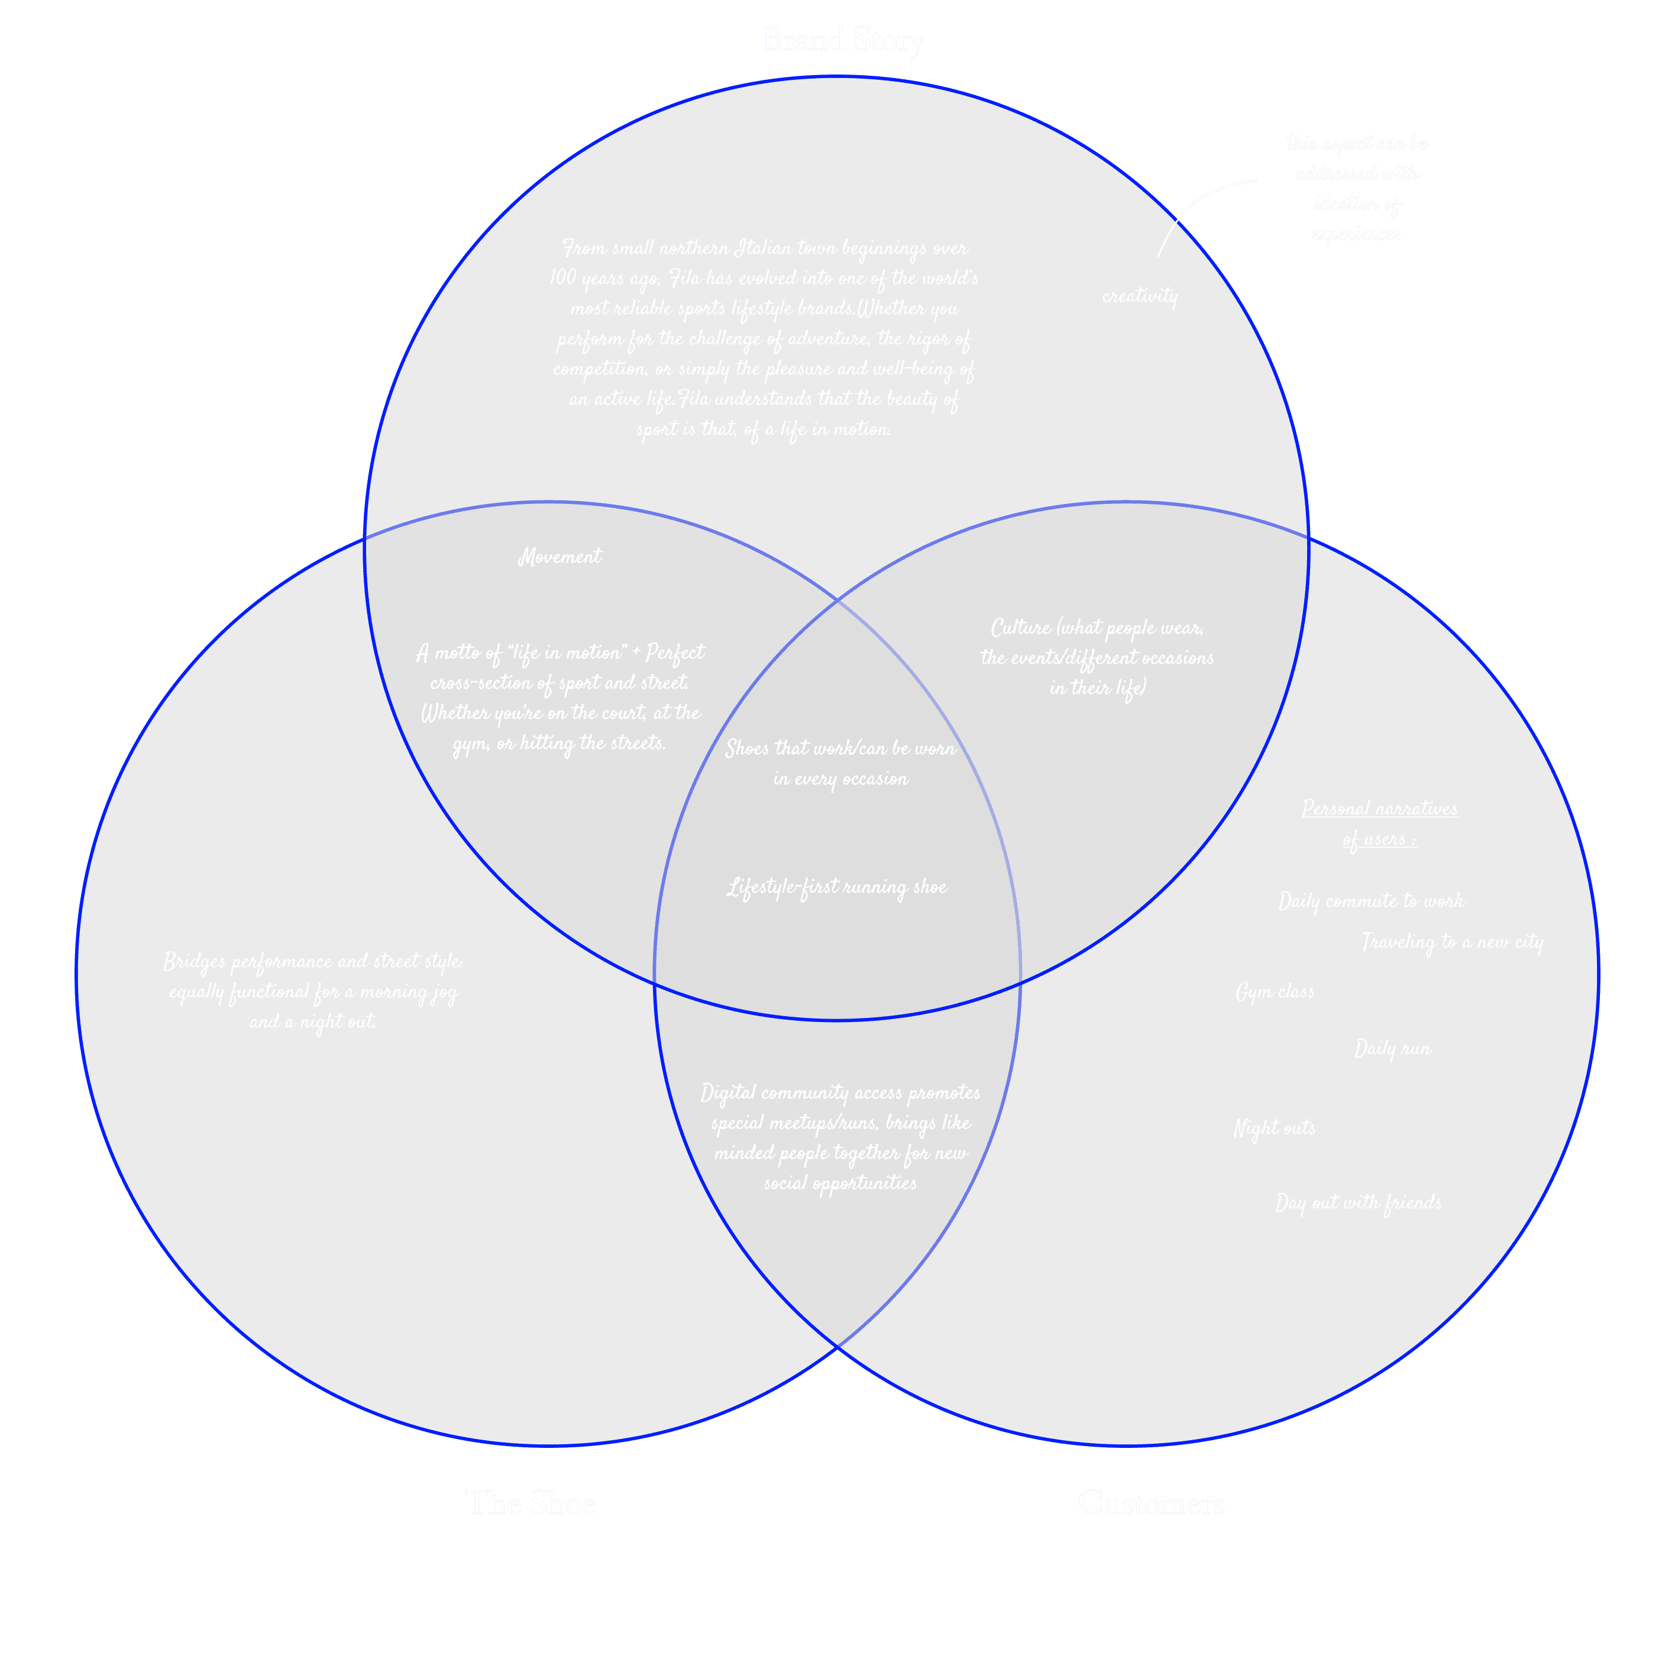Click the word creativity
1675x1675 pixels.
click(x=1139, y=296)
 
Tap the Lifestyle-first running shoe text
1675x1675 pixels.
click(x=837, y=888)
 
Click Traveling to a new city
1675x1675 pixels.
click(x=1452, y=942)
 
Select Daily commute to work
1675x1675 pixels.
click(x=1370, y=901)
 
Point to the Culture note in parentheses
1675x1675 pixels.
click(x=1097, y=658)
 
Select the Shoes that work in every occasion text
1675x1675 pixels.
click(x=840, y=764)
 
